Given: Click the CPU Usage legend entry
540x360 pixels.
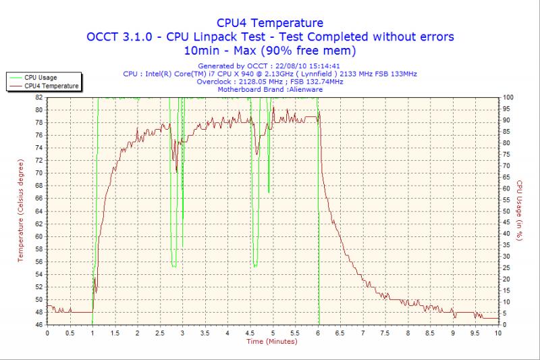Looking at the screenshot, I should pyautogui.click(x=40, y=78).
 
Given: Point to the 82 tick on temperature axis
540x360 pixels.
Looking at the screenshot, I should pyautogui.click(x=39, y=97).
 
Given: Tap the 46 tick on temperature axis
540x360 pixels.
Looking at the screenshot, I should pyautogui.click(x=39, y=325).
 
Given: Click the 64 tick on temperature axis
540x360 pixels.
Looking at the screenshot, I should pyautogui.click(x=39, y=211).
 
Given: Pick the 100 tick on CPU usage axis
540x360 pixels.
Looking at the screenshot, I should pyautogui.click(x=508, y=97).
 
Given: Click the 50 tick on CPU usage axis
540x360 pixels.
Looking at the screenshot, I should pyautogui.click(x=507, y=211).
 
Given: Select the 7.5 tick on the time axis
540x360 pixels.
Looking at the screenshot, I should pyautogui.click(x=385, y=333).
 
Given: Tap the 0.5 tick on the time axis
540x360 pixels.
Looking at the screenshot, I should pyautogui.click(x=70, y=333).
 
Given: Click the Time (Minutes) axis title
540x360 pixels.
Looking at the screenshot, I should pyautogui.click(x=273, y=342).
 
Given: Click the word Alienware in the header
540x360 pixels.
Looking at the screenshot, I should pyautogui.click(x=306, y=89).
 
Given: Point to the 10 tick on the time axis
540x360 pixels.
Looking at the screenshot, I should pyautogui.click(x=498, y=333).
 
